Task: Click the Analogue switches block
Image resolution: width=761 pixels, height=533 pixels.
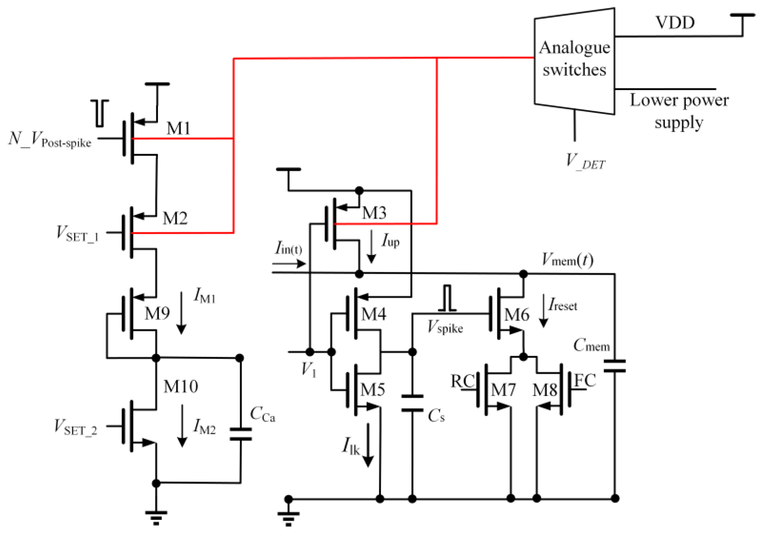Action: pos(574,60)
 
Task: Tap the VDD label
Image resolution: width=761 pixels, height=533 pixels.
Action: pos(675,23)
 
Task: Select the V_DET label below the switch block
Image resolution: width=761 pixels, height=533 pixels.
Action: pos(585,161)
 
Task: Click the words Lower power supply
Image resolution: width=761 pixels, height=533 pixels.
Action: pos(679,111)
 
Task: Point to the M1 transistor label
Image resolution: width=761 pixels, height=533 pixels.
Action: pos(178,128)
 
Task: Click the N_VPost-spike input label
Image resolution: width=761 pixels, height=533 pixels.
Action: pos(50,140)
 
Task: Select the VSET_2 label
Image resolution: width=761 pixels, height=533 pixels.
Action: pos(76,427)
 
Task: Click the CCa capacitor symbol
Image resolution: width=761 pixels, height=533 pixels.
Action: pos(240,434)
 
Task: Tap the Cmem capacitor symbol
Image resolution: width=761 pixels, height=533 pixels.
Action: pos(614,366)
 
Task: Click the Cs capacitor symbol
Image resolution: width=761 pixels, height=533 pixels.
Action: pos(412,403)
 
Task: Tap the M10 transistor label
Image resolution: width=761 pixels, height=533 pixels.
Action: pos(180,386)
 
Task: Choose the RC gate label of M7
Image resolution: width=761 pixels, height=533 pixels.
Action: pos(463,381)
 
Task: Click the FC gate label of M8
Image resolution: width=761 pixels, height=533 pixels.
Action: pos(585,380)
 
